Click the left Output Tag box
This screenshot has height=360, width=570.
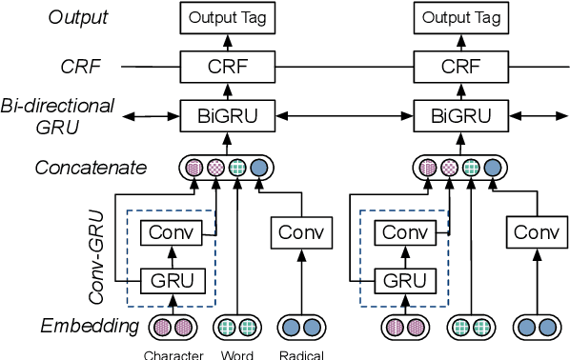(x=228, y=17)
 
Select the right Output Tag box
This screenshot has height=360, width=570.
(x=460, y=17)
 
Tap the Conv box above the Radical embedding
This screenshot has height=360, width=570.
(x=301, y=231)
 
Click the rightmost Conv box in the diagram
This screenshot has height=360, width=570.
(x=535, y=231)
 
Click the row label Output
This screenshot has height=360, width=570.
(x=79, y=17)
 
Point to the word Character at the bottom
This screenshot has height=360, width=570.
(x=173, y=355)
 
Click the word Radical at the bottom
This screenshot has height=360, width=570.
(x=301, y=355)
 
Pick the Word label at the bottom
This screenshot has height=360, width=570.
(x=236, y=355)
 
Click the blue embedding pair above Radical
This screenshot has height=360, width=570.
(x=301, y=328)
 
